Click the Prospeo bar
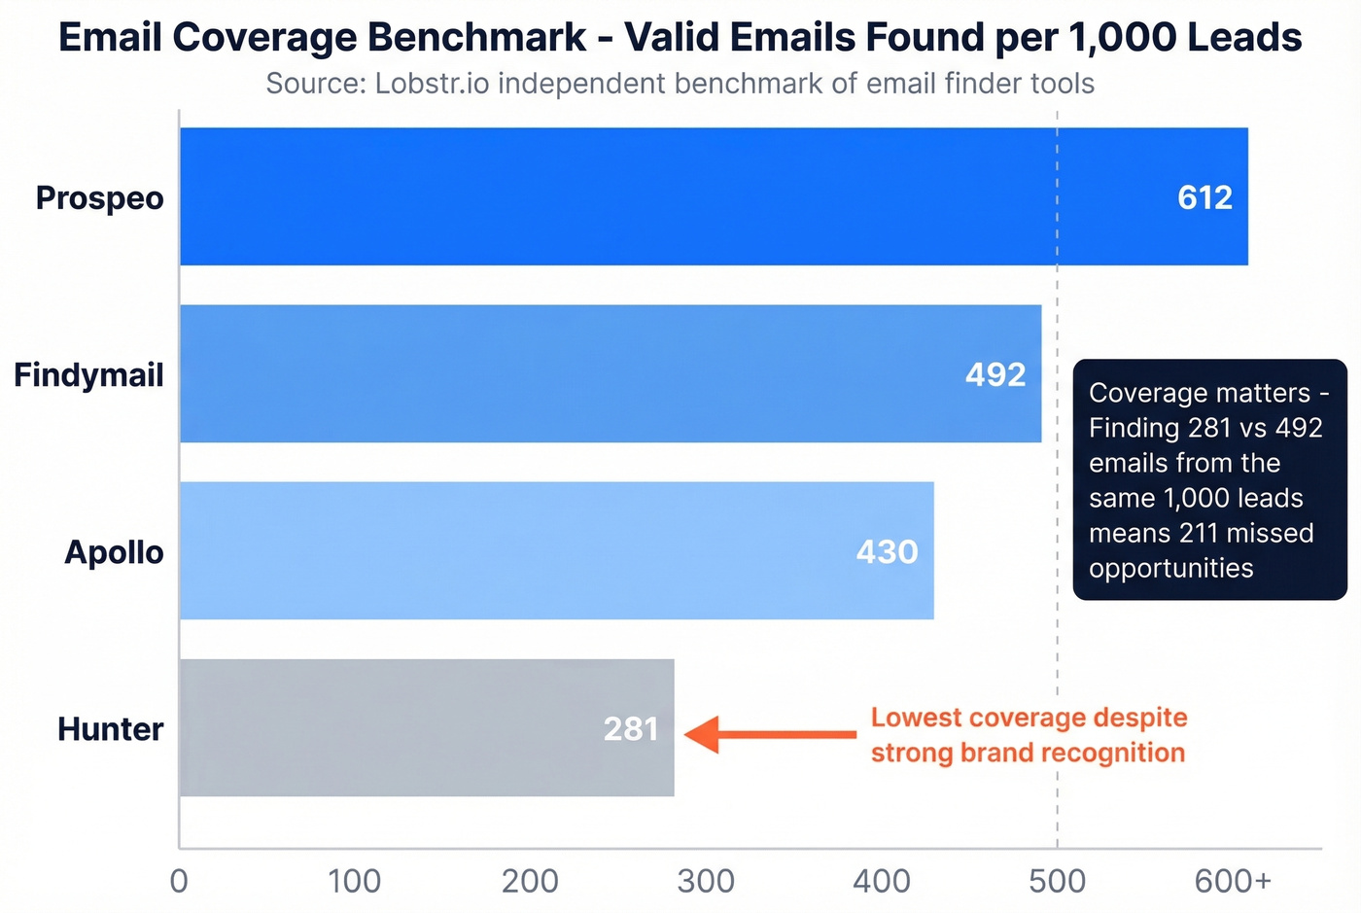pyautogui.click(x=680, y=196)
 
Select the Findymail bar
pyautogui.click(x=583, y=373)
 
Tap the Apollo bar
pyautogui.click(x=535, y=550)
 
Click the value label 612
pyautogui.click(x=1204, y=197)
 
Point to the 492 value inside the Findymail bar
pyautogui.click(x=995, y=374)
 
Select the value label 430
pyautogui.click(x=887, y=551)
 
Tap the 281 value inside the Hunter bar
pyautogui.click(x=631, y=728)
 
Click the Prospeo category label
pyautogui.click(x=99, y=197)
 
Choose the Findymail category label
pyautogui.click(x=88, y=374)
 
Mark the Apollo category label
pyautogui.click(x=114, y=551)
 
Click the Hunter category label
pyautogui.click(x=110, y=728)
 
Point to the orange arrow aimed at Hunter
pyautogui.click(x=768, y=734)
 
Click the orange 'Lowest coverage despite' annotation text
pyautogui.click(x=1029, y=718)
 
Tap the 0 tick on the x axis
pyautogui.click(x=179, y=881)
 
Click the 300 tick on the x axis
pyautogui.click(x=706, y=881)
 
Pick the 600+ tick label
pyautogui.click(x=1233, y=881)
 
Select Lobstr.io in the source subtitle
pyautogui.click(x=433, y=84)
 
